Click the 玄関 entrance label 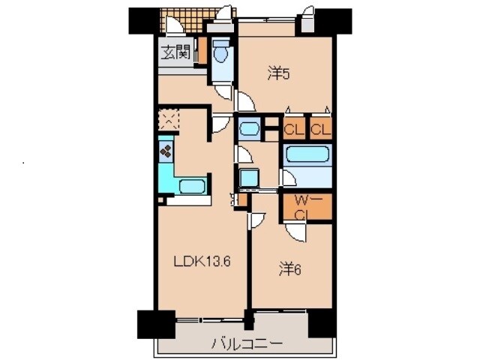176,52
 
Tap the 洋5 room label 278,74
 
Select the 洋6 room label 290,269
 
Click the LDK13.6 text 202,262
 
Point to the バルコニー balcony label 247,343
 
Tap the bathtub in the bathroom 307,154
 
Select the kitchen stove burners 166,151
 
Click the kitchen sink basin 192,187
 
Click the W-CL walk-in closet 307,207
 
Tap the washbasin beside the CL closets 249,128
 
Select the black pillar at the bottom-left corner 156,325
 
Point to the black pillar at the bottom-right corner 322,323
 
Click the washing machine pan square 249,178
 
